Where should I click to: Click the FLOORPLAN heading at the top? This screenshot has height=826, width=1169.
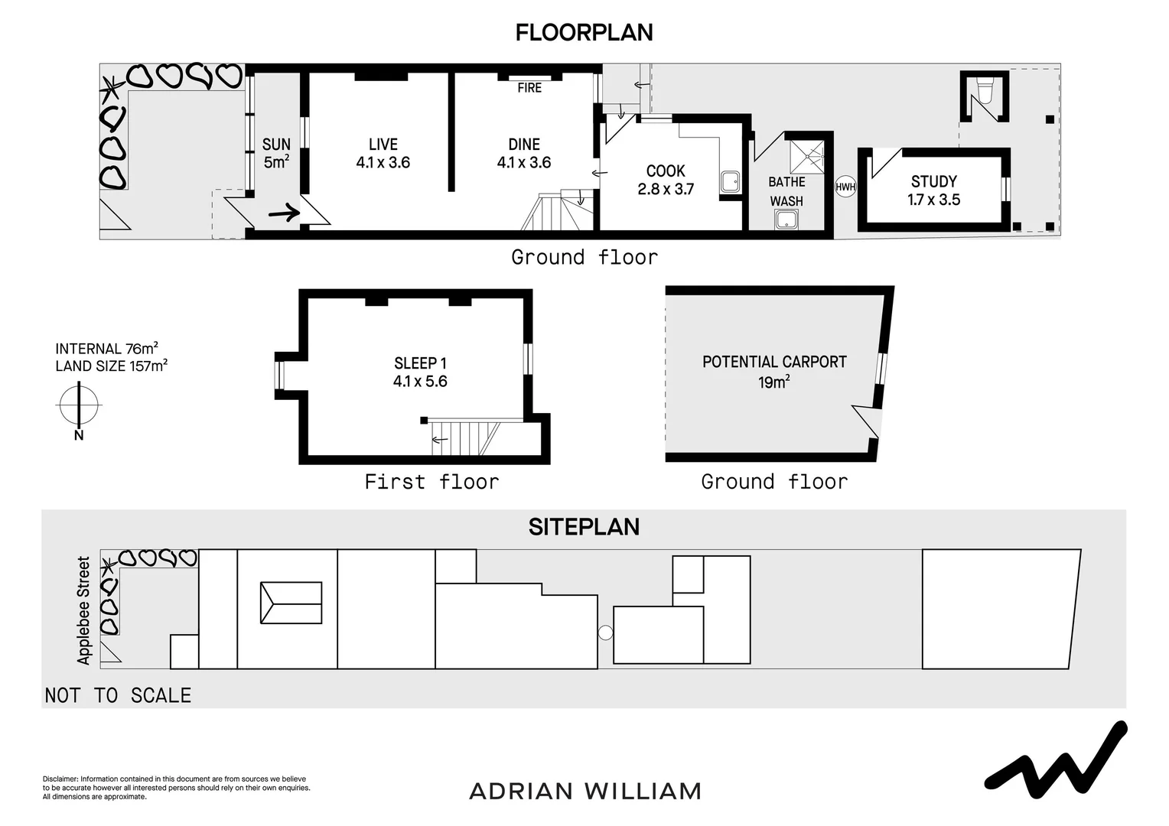pos(584,33)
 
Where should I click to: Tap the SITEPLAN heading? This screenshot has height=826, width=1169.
pos(584,527)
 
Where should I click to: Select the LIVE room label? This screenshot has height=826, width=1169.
pos(383,145)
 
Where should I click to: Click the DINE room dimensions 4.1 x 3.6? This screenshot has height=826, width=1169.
pos(523,163)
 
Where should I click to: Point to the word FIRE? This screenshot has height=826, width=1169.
pos(529,88)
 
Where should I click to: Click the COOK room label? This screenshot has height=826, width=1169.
pos(666,171)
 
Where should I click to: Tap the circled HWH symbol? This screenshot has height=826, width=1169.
pos(845,187)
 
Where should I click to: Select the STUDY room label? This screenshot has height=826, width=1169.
pos(933,181)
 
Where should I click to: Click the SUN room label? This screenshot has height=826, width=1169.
pos(276,145)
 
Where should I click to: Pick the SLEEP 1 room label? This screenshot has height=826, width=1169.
pos(420,363)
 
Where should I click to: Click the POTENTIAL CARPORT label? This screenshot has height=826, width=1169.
pos(774,362)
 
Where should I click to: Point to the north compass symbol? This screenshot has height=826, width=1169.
pos(79,405)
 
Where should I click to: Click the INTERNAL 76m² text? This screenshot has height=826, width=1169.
pos(106,349)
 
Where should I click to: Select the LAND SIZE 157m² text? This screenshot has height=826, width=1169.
pos(111,366)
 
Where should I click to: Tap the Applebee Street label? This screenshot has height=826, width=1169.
pos(83,610)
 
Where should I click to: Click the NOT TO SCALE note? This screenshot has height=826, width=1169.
pos(118,695)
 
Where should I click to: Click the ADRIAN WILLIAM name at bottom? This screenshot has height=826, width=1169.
pos(584,791)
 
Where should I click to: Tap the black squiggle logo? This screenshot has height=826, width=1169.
pos(1056,758)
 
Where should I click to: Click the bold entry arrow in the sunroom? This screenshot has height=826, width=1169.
pos(284,213)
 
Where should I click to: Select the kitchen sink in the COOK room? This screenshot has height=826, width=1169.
pos(729,182)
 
